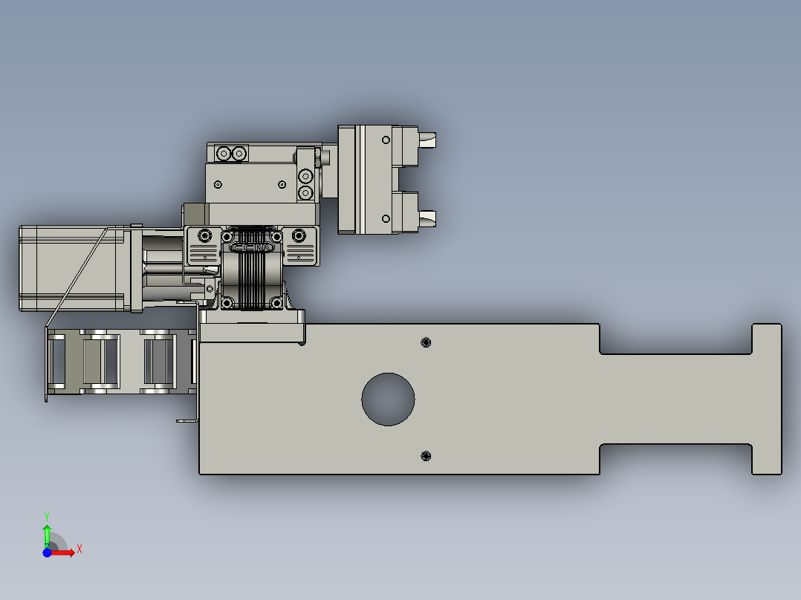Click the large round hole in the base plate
[388, 400]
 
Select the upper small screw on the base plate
[426, 342]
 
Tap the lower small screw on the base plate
[426, 455]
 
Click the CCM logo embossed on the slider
[253, 248]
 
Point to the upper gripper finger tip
[428, 138]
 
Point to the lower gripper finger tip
[428, 218]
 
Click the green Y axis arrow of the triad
[47, 533]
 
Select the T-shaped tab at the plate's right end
[767, 399]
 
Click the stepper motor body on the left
[71, 267]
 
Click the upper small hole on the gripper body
[386, 140]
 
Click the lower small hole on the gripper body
[386, 218]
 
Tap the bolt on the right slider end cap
[299, 236]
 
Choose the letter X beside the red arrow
[80, 549]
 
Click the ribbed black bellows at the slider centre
[252, 278]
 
